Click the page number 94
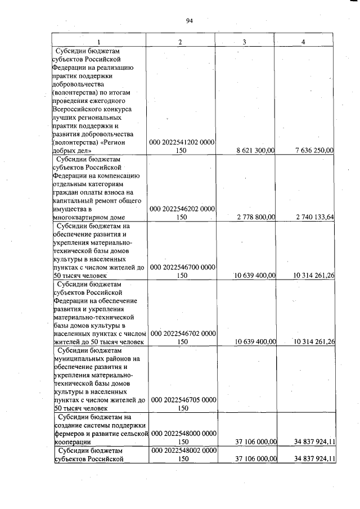[189, 21]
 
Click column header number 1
[99, 42]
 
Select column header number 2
[180, 42]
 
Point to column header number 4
[303, 42]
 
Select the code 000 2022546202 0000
[183, 209]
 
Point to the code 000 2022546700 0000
[183, 267]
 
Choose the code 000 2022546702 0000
[183, 334]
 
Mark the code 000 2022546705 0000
[183, 400]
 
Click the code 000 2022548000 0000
[183, 434]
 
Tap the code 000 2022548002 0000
[183, 451]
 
